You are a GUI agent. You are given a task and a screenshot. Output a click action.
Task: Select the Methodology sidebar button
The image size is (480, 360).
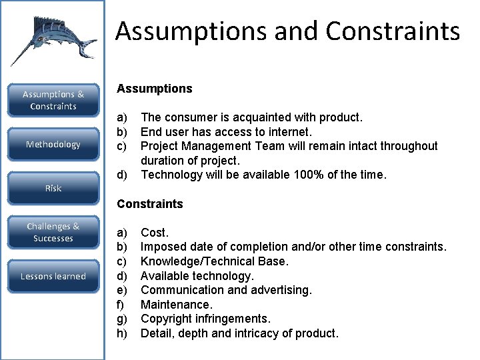coord(53,145)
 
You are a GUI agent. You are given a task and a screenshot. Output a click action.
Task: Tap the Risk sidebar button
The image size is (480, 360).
coord(53,189)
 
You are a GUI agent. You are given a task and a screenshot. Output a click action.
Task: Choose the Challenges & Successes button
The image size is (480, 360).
coord(53,233)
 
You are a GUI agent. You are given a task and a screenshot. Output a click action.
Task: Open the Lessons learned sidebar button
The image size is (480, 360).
coord(53,276)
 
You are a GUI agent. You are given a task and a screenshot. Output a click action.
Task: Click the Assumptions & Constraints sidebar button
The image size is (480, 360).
coord(53,101)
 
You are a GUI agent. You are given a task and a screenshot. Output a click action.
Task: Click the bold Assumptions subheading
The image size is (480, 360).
coord(154,89)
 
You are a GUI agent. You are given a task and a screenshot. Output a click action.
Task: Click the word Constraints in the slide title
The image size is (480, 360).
coord(393,31)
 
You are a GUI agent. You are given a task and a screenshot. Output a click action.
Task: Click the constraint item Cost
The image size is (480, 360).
coord(155,233)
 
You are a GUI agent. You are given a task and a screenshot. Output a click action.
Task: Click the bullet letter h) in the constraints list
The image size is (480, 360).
coord(122,333)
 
